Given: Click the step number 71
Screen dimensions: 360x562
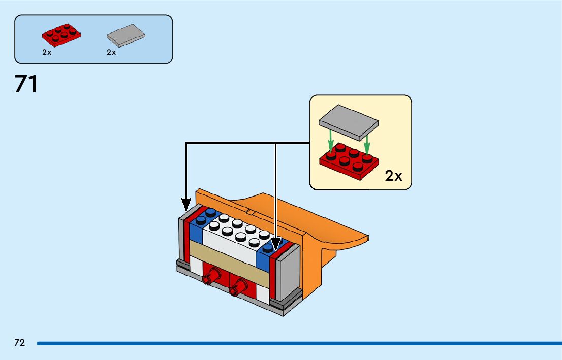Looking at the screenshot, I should click(26, 84).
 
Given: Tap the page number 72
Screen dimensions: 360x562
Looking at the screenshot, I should click(19, 343).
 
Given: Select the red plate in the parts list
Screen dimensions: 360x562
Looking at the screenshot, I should click(61, 34).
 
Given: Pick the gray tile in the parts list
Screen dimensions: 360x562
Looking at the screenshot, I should click(126, 34).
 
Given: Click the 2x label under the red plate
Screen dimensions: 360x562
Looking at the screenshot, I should click(47, 52).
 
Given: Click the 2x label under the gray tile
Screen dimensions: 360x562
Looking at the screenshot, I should click(111, 52).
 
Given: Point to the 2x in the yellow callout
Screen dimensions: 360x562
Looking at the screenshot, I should click(393, 176).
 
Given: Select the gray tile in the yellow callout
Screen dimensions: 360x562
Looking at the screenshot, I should click(349, 122).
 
